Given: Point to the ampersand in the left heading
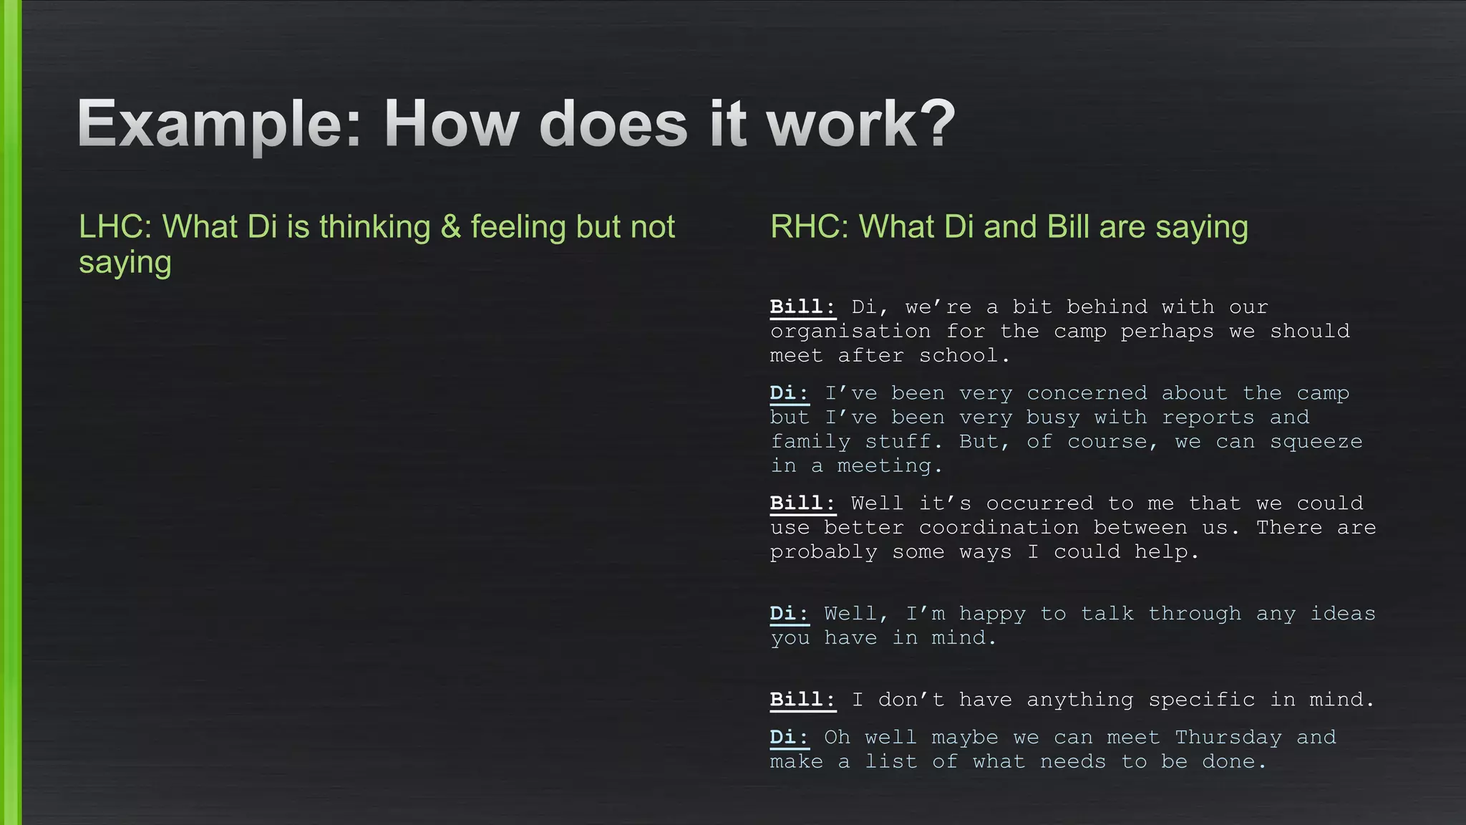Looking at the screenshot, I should (x=450, y=227).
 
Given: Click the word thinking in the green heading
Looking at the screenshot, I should (x=375, y=227).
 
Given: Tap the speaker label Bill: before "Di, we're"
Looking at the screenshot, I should (x=802, y=307).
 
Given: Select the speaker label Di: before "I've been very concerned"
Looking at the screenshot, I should (x=789, y=393).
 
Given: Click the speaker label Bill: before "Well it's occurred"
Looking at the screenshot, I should (x=802, y=503).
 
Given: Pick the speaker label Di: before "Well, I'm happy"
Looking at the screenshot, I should (x=789, y=614).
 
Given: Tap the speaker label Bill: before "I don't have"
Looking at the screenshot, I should (x=802, y=700).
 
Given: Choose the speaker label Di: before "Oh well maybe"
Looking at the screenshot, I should (x=789, y=738).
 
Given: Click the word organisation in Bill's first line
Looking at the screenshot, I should (x=850, y=332).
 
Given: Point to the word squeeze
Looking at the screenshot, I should (x=1316, y=442).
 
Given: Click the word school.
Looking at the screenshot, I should (x=965, y=356).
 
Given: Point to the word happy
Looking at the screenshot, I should (x=992, y=614).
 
